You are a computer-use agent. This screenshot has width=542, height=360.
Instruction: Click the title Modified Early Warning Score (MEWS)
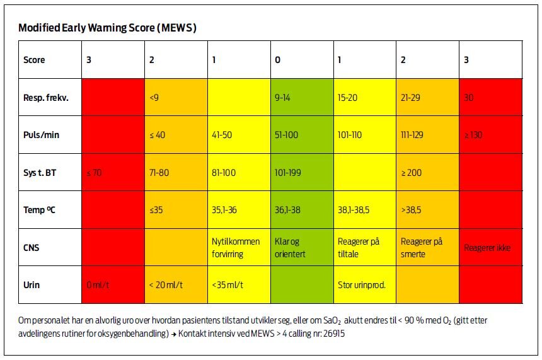point(108,28)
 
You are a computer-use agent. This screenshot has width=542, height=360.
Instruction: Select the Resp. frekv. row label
point(45,98)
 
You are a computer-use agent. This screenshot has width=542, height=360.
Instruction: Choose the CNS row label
point(32,247)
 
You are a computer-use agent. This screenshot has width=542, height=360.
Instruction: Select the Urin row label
point(32,284)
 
